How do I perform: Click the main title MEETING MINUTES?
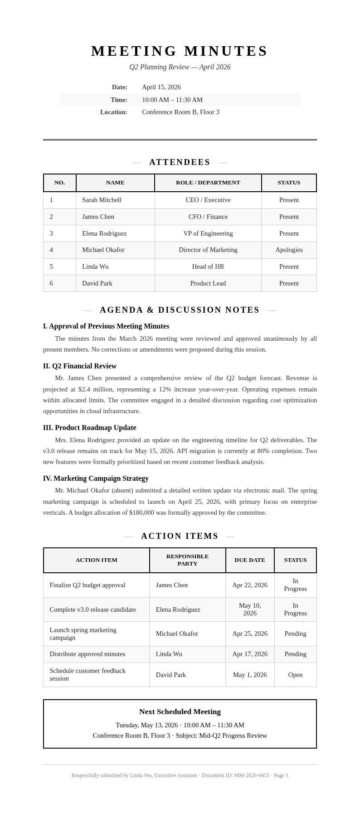pyautogui.click(x=180, y=51)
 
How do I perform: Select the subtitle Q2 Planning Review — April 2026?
pyautogui.click(x=180, y=67)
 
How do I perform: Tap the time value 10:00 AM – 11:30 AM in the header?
pyautogui.click(x=172, y=100)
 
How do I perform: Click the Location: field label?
pyautogui.click(x=113, y=112)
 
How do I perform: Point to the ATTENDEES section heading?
pyautogui.click(x=180, y=162)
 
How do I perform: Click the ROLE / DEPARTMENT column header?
pyautogui.click(x=208, y=183)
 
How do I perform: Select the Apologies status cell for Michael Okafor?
pyautogui.click(x=289, y=250)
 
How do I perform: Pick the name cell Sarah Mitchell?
pyautogui.click(x=102, y=200)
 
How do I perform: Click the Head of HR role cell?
pyautogui.click(x=208, y=266)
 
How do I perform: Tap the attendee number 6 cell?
pyautogui.click(x=51, y=283)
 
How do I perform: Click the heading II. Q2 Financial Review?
pyautogui.click(x=80, y=366)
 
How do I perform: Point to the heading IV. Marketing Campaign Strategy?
pyautogui.click(x=96, y=479)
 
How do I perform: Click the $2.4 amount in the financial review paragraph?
pyautogui.click(x=84, y=389)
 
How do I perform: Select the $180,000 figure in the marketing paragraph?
pyautogui.click(x=141, y=513)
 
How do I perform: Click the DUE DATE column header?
pyautogui.click(x=249, y=560)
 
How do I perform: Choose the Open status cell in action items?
pyautogui.click(x=295, y=675)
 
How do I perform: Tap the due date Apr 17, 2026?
pyautogui.click(x=249, y=654)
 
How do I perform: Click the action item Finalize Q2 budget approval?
pyautogui.click(x=88, y=585)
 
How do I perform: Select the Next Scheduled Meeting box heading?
pyautogui.click(x=180, y=711)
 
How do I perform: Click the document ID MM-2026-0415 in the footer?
pyautogui.click(x=251, y=775)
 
